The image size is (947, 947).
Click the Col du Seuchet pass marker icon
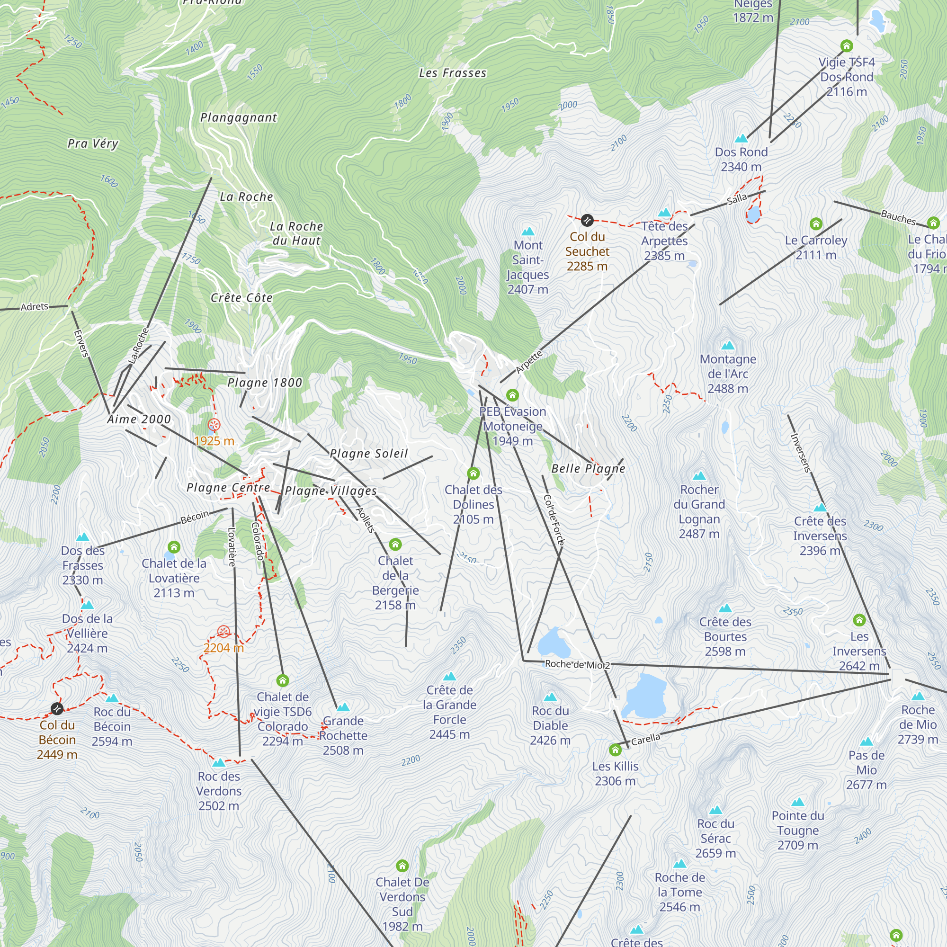point(587,221)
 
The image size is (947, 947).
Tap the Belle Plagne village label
point(588,469)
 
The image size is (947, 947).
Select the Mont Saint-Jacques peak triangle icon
point(528,232)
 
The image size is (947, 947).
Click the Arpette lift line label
point(529,362)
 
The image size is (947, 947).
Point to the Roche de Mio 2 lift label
point(577,665)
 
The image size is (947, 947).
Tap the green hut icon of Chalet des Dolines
point(473,473)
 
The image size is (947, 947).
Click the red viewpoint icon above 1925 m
point(214,425)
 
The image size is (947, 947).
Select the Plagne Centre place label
point(228,487)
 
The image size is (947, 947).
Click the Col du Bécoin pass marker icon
point(57,709)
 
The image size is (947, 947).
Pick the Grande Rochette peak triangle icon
point(343,707)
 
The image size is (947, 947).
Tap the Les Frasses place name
point(452,73)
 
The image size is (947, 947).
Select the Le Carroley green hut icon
point(816,224)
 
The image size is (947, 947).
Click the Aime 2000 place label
point(139,419)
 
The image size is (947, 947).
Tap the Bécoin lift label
point(195,517)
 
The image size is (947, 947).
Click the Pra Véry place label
point(93,143)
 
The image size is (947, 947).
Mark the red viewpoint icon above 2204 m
point(223,631)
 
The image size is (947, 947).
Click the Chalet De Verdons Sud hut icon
point(402,866)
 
